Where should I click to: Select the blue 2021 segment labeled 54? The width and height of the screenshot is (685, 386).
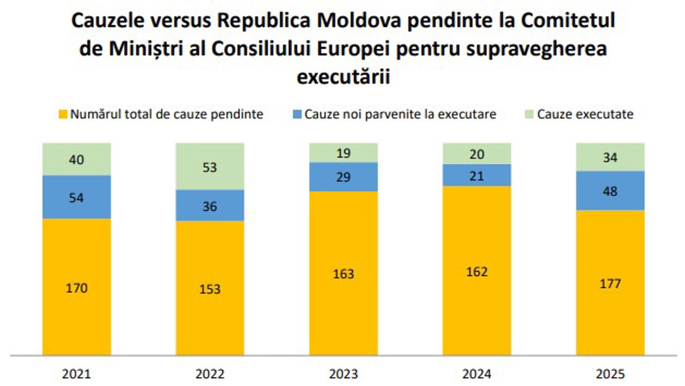tap(77, 197)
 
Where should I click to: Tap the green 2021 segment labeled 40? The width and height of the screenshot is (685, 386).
tap(77, 159)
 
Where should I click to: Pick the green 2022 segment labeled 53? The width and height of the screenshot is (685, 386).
tap(210, 166)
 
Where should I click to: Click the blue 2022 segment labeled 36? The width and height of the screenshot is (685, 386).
tap(210, 205)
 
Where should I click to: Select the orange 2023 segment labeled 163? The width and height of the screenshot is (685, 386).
tap(343, 273)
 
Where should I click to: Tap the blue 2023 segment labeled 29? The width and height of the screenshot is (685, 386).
tap(343, 176)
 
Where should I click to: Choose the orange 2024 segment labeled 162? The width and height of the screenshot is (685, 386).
tap(477, 271)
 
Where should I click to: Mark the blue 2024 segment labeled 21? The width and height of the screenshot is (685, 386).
tap(477, 175)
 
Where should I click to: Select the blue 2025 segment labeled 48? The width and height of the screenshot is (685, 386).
tap(610, 190)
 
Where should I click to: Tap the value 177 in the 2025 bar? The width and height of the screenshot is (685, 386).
tap(610, 283)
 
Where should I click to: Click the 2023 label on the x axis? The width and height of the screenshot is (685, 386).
tap(343, 373)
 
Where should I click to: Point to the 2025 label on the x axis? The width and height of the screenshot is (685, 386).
tap(610, 373)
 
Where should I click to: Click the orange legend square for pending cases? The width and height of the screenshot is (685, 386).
tap(63, 114)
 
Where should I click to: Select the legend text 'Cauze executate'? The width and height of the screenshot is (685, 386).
tap(585, 114)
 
